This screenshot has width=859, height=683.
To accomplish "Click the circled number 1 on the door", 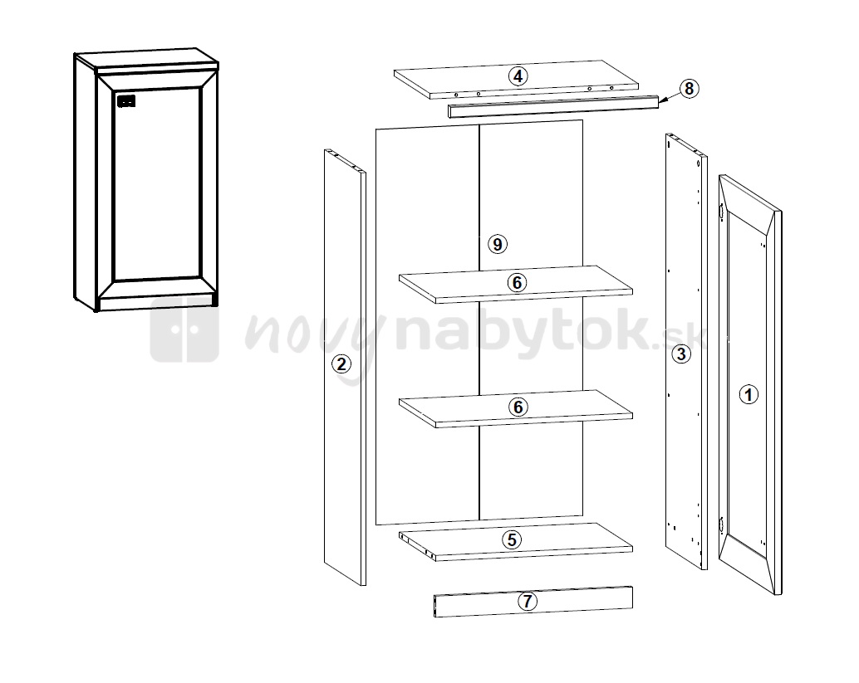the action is (749, 394).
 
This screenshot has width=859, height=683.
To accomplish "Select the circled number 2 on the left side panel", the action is (341, 364).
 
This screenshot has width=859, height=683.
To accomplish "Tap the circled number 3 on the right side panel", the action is (681, 354).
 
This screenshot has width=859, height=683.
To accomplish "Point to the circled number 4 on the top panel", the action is (518, 76).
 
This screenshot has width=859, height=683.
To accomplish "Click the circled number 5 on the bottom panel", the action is (512, 540).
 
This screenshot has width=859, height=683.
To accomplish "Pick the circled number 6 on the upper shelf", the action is (518, 282).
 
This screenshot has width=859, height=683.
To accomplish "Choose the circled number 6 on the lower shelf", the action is (518, 407).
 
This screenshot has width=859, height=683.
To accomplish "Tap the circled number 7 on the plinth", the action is (527, 602).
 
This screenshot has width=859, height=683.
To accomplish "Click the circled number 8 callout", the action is (690, 88).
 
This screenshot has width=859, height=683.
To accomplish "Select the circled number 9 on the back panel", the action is (498, 244).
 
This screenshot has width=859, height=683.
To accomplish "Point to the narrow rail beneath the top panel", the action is (553, 106).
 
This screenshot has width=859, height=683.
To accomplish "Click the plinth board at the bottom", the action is (533, 602).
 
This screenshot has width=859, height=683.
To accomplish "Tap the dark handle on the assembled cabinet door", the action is (126, 101).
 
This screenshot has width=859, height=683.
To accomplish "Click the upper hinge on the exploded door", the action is (721, 212).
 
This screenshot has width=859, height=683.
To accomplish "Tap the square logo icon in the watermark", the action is (184, 329).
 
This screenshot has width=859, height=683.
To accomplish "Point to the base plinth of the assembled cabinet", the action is (156, 303).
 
